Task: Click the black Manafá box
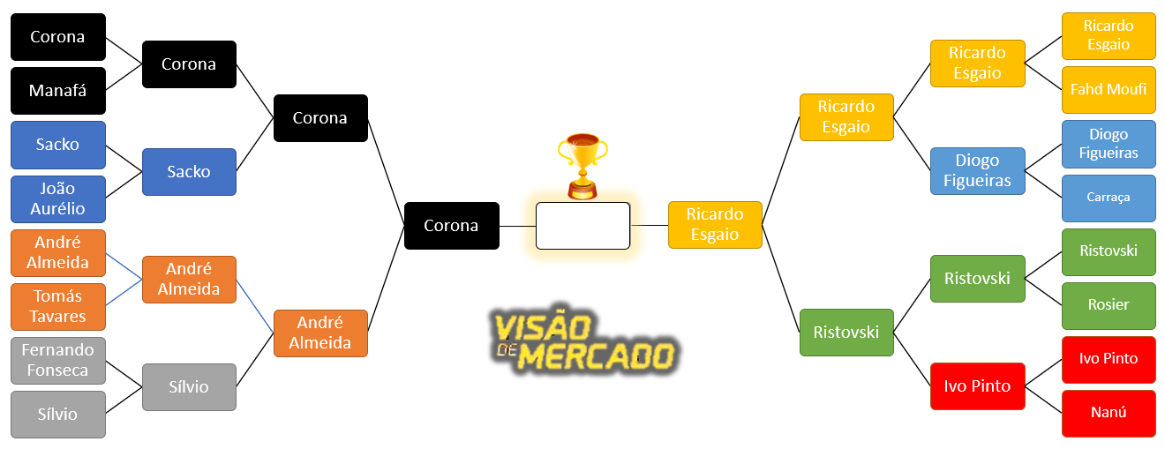57,91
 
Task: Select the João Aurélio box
57,198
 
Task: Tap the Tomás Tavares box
57,306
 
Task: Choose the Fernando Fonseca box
57,360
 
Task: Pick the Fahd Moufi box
1108,89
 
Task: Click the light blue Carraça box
1108,198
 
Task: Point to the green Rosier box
1108,305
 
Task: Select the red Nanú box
1108,413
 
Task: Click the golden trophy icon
582,164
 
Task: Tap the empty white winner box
582,226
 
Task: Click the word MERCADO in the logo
596,356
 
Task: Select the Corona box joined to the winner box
451,226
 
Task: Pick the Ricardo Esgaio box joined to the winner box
715,225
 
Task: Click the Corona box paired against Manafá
57,37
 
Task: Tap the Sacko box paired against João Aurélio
57,145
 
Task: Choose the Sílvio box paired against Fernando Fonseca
57,415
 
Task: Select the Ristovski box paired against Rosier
1108,251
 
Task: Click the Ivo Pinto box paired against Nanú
1108,359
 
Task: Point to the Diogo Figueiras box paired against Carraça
1108,144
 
